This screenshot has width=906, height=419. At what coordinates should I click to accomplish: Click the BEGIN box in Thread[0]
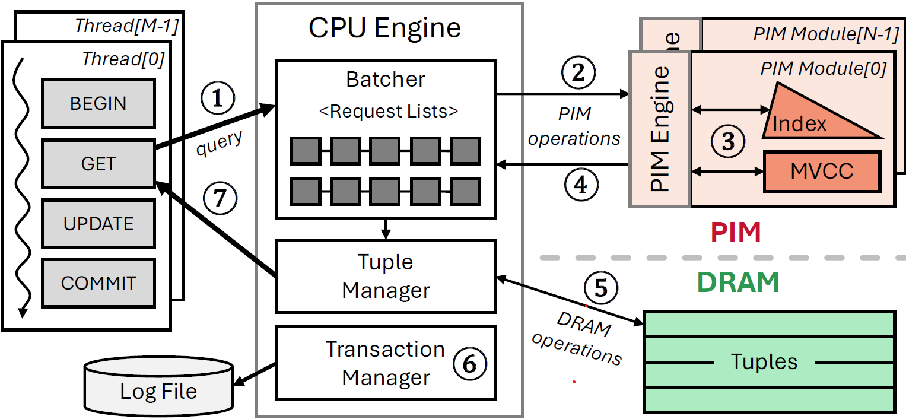(98, 103)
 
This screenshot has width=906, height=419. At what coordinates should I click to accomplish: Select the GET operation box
(98, 163)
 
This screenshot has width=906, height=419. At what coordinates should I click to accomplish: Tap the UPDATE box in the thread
(98, 224)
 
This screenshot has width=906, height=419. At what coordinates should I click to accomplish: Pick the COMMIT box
(98, 283)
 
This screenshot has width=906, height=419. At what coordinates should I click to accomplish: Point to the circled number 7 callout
(220, 197)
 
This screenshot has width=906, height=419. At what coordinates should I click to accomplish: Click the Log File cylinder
(158, 386)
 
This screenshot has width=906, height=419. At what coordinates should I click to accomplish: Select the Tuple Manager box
(386, 276)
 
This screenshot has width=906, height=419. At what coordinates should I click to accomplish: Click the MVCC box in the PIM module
(822, 172)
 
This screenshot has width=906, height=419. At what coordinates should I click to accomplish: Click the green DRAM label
(738, 282)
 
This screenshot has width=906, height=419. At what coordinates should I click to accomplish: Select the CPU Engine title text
(385, 27)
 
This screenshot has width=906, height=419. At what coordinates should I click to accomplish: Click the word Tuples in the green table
(764, 361)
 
